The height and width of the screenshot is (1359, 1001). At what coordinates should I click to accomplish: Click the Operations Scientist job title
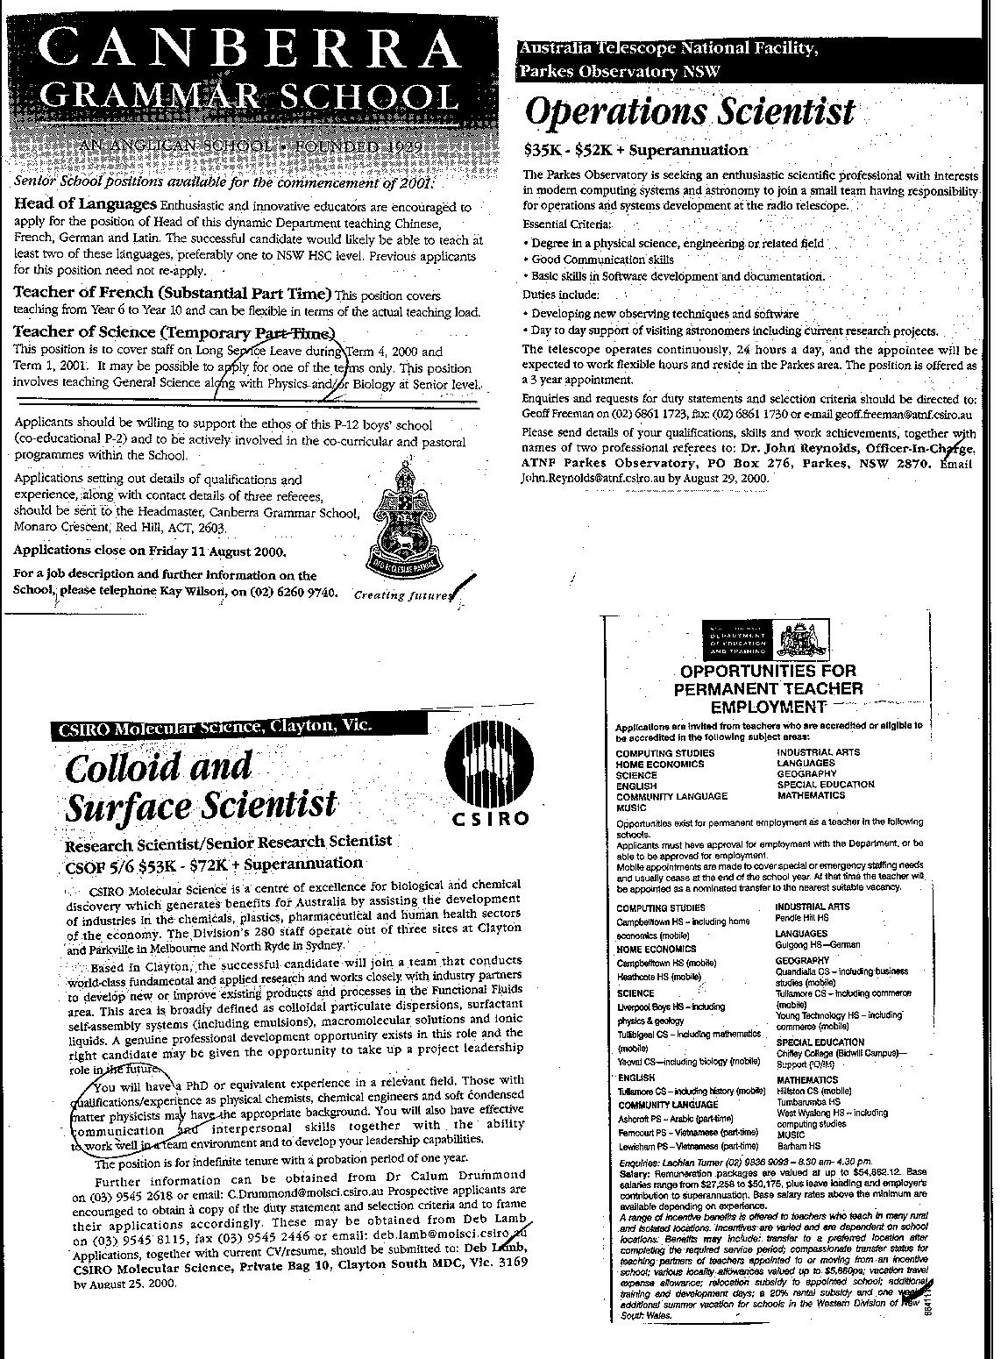tap(688, 112)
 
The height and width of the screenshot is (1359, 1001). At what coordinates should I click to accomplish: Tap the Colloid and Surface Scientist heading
tap(201, 786)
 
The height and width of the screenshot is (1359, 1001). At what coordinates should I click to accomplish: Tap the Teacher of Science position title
tap(174, 332)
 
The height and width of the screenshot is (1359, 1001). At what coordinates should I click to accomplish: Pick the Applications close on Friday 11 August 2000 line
tap(150, 552)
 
